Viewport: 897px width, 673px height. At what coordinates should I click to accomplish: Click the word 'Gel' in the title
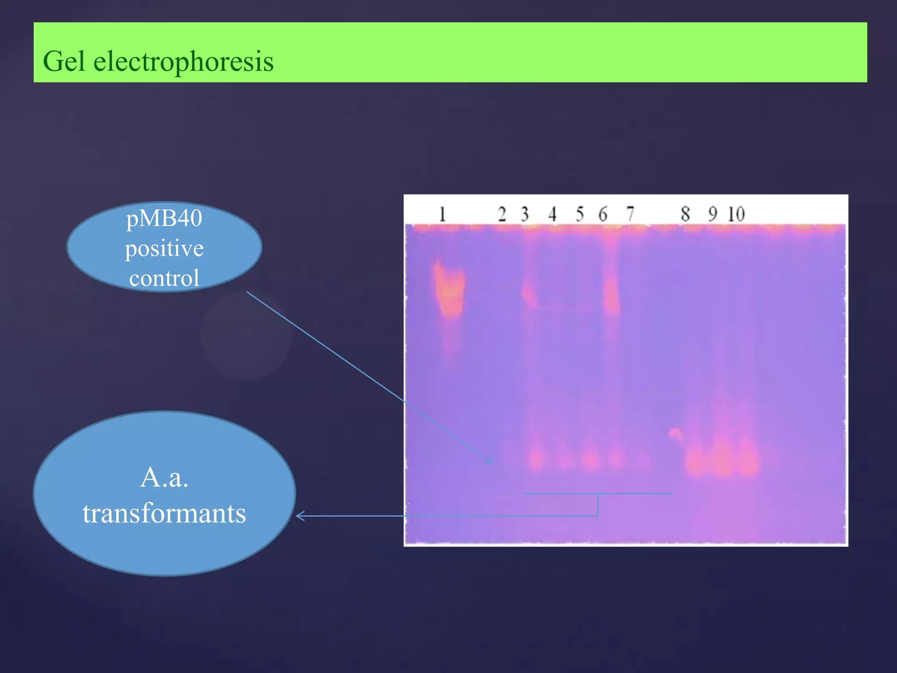[64, 61]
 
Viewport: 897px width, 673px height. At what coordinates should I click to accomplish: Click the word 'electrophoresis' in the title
[184, 61]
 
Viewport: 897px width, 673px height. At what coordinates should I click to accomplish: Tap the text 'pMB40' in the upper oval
[164, 218]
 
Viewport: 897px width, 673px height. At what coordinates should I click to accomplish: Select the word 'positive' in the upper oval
[164, 248]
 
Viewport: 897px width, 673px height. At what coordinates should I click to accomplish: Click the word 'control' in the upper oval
[164, 278]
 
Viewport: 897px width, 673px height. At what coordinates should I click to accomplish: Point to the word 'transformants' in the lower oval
[164, 513]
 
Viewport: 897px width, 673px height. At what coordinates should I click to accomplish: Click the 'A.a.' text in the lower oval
[164, 477]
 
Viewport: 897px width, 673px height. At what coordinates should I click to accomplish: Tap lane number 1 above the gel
[442, 214]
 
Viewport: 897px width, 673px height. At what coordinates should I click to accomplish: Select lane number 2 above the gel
[502, 214]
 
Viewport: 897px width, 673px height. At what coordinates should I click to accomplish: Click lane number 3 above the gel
[525, 214]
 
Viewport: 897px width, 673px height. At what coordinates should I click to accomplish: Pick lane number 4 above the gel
[552, 214]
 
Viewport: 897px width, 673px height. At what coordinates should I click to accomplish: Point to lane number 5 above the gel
[579, 214]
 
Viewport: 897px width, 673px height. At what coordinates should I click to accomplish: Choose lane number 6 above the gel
[603, 214]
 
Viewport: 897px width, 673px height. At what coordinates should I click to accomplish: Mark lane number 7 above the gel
[630, 214]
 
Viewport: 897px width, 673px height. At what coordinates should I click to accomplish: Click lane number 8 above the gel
[685, 214]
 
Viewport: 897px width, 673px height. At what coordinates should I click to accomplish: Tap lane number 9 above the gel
[713, 214]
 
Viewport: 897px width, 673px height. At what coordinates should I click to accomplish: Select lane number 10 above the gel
[736, 214]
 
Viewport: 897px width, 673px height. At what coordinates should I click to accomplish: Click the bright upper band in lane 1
[449, 289]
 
